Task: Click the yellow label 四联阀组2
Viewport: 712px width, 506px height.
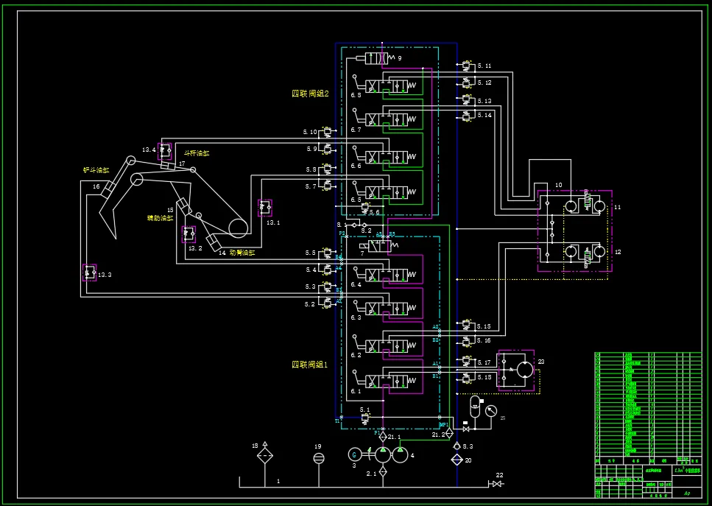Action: [x=309, y=94]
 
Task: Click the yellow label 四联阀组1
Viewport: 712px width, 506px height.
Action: [x=309, y=365]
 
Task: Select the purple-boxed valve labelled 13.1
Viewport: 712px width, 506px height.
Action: [x=264, y=208]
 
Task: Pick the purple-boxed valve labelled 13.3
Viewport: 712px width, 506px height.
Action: [x=89, y=273]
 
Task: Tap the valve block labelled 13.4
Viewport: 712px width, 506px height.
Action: [x=165, y=150]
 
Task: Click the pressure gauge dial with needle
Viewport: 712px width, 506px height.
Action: [x=491, y=410]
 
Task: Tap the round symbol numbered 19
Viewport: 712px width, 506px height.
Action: [x=318, y=458]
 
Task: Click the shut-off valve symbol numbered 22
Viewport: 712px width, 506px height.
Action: [x=497, y=484]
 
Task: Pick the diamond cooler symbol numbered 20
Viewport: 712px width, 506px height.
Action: [x=457, y=460]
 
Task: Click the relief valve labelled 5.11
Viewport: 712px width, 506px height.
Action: [x=466, y=66]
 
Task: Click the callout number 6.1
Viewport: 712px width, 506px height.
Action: [x=356, y=391]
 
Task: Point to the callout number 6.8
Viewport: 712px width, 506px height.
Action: [x=356, y=95]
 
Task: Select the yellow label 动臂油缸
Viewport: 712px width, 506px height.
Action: [x=242, y=253]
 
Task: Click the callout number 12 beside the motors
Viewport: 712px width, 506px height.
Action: [x=618, y=252]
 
